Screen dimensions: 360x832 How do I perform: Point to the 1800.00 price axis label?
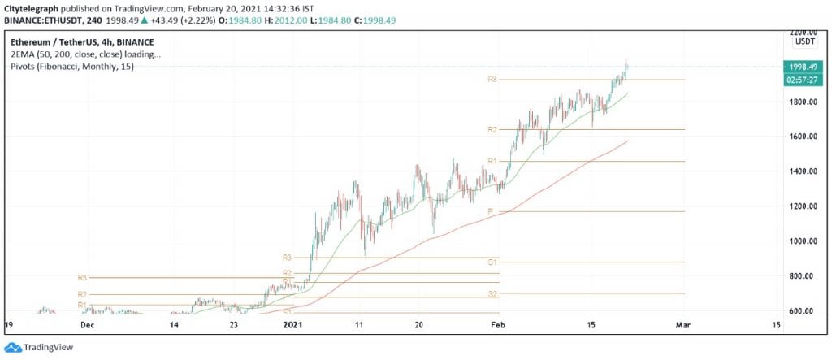point(804,102)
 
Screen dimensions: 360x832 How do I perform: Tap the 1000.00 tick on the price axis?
point(804,241)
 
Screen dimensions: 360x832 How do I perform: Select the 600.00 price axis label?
point(807,311)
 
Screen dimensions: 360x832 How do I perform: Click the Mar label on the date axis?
point(683,325)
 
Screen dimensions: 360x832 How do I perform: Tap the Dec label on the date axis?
point(88,325)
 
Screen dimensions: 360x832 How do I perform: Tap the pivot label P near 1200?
point(490,211)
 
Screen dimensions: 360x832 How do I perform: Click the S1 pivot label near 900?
point(492,262)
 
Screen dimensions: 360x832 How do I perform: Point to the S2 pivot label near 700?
point(492,293)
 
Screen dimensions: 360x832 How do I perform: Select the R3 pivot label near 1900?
point(492,80)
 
